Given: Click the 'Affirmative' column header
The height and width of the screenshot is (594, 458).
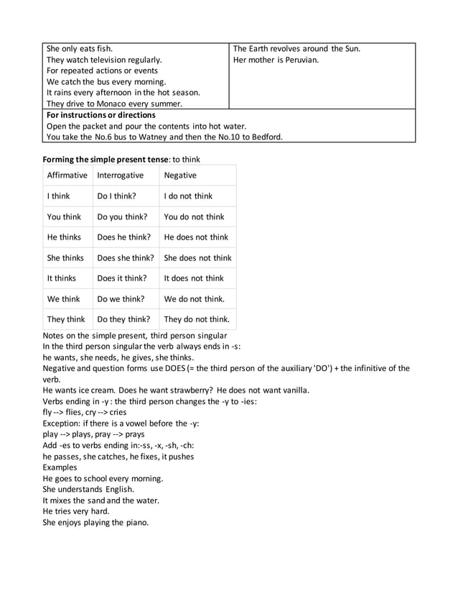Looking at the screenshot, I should tap(67, 175).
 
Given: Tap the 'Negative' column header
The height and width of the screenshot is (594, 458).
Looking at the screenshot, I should tap(180, 175).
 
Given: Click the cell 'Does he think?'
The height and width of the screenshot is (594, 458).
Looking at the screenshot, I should tap(124, 237).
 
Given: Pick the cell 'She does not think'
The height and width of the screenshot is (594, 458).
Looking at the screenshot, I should tap(197, 258).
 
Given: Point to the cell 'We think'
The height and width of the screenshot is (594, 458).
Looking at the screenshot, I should tap(63, 299).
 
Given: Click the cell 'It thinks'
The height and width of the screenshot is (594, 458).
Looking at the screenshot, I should tap(61, 278).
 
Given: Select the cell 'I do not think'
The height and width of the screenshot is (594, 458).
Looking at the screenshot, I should tap(188, 196).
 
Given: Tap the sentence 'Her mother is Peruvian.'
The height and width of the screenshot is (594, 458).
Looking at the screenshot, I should tap(276, 60).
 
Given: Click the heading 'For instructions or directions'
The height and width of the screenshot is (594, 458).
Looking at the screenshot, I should tap(101, 115).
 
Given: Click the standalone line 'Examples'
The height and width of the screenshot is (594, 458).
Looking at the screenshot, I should tap(60, 467).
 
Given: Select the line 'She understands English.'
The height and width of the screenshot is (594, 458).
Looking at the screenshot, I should tap(88, 490).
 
